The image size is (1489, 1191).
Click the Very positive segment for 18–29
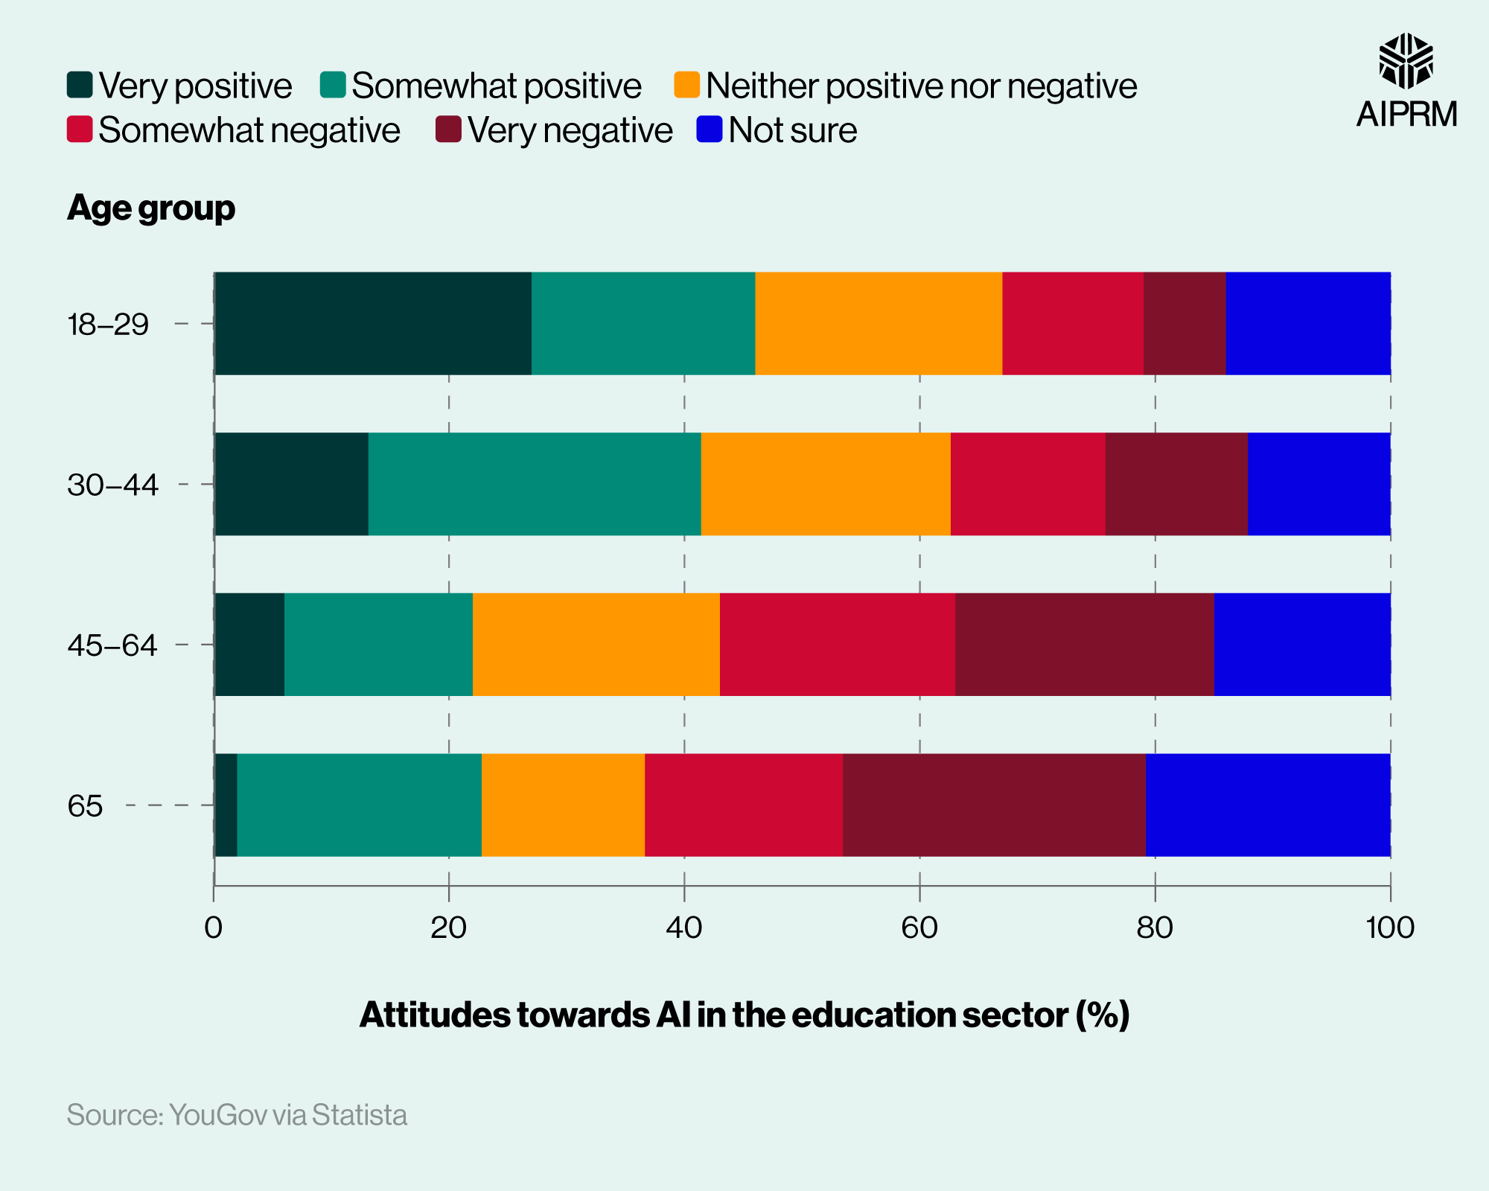click(372, 323)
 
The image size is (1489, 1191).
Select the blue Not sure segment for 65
click(1267, 805)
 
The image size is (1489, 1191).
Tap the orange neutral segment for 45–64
click(596, 645)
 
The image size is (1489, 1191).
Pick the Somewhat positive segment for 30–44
click(535, 484)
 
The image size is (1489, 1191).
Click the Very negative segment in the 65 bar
click(994, 805)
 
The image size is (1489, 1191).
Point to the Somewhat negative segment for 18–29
click(1072, 323)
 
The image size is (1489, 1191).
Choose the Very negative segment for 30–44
click(1176, 484)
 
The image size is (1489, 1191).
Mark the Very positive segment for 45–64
click(249, 645)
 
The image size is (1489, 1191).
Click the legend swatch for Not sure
click(709, 130)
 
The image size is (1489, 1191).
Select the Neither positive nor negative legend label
click(921, 86)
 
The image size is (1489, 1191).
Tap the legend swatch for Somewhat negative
click(80, 130)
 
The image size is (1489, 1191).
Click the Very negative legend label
click(570, 130)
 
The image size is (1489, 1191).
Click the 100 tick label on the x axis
click(1390, 928)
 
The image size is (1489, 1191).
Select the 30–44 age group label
click(112, 485)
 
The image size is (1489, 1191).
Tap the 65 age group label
click(85, 806)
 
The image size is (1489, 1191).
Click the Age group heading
click(151, 208)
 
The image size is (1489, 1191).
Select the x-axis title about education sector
click(744, 1015)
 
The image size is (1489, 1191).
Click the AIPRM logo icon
click(1406, 61)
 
